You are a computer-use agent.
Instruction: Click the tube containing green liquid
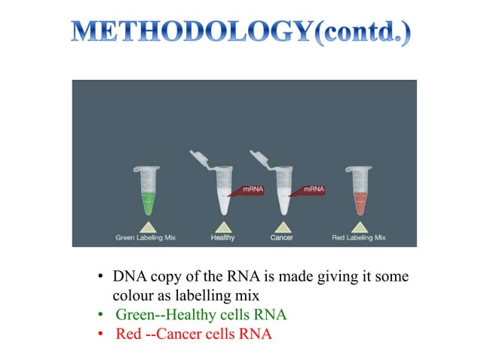[x=148, y=191]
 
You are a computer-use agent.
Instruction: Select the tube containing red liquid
[x=358, y=191]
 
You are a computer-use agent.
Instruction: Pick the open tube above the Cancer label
[x=283, y=188]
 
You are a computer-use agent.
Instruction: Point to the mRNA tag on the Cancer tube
[x=312, y=190]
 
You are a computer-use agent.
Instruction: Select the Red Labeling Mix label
[x=358, y=238]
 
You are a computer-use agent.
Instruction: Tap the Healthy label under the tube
[x=222, y=238]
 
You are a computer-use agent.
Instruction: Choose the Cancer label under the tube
[x=282, y=238]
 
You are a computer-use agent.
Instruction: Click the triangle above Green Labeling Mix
[x=148, y=225]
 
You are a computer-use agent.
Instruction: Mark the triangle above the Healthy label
[x=223, y=225]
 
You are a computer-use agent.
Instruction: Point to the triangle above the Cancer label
[x=283, y=225]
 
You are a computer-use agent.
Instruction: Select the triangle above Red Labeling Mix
[x=358, y=225]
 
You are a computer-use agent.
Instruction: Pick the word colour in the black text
[x=131, y=296]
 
